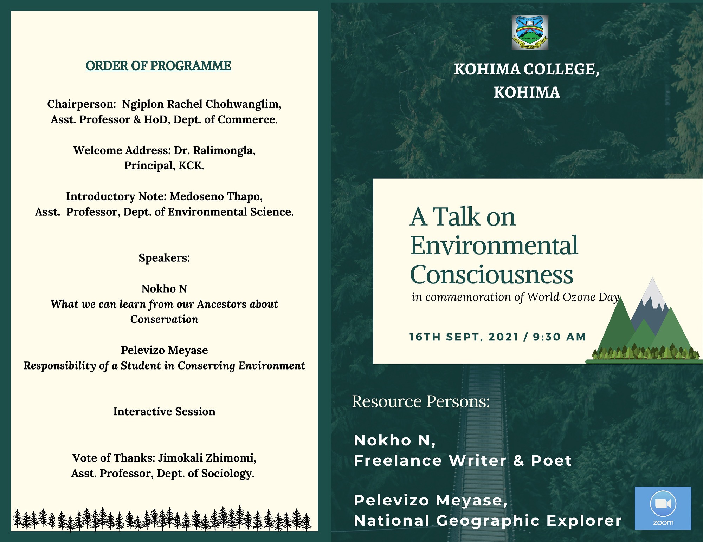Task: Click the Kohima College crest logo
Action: (x=530, y=32)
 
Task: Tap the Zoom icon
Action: (x=663, y=508)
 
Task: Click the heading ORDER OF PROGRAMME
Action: (x=158, y=66)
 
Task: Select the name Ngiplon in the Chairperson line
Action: (x=143, y=104)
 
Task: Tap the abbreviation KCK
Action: (x=192, y=165)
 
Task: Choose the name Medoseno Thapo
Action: (x=216, y=196)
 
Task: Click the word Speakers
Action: (x=164, y=258)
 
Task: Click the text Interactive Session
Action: (x=164, y=411)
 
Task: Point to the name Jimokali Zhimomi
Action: (x=207, y=458)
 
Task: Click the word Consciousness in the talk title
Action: (x=491, y=274)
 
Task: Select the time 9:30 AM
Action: (x=559, y=337)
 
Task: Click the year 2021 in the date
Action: (x=503, y=337)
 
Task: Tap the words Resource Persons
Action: (x=421, y=401)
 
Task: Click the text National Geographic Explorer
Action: (x=488, y=521)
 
